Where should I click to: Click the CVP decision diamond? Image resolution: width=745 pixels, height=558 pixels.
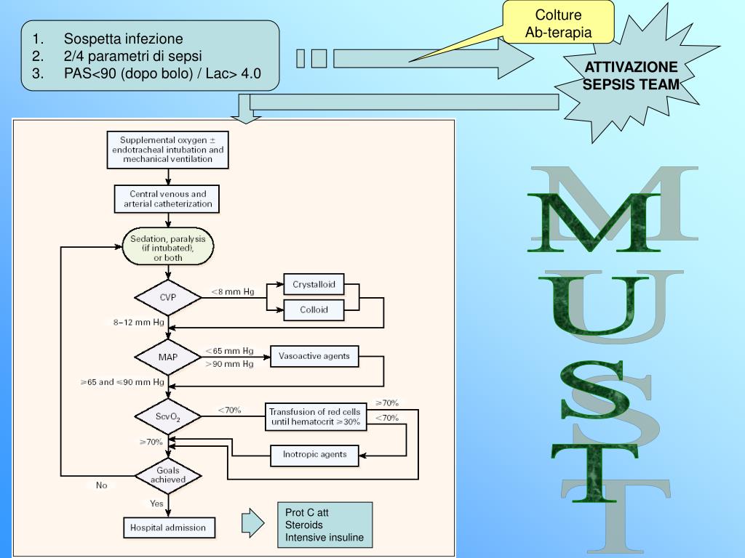(x=168, y=297)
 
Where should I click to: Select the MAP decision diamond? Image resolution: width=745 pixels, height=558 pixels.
(x=168, y=357)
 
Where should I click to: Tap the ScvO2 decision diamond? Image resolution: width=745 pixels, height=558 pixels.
(x=168, y=416)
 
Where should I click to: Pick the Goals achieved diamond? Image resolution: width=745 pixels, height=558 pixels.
(x=168, y=475)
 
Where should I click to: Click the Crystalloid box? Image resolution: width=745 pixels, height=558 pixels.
(x=314, y=285)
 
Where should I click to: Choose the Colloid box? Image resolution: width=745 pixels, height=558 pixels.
(x=314, y=310)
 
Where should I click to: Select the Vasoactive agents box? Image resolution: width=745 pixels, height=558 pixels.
(x=314, y=356)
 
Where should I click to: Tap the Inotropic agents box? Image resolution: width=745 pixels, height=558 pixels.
(x=314, y=455)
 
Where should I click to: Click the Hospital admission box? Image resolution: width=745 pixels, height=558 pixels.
(x=169, y=527)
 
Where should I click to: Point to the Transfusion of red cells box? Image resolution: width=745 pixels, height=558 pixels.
(x=316, y=416)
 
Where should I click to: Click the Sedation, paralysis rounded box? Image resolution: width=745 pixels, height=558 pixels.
(x=168, y=247)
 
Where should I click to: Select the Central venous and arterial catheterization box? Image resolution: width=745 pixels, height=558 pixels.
(x=167, y=199)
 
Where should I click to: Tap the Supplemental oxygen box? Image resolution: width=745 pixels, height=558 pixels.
(x=168, y=150)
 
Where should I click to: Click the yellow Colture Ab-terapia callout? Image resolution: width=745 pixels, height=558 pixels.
(x=558, y=23)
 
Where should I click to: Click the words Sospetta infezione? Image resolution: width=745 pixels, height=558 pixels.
(x=124, y=39)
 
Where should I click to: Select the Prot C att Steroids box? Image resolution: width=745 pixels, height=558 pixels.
(x=325, y=525)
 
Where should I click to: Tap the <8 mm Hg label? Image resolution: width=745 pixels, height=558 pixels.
(x=233, y=292)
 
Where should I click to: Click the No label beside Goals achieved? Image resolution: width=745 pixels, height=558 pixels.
(x=102, y=485)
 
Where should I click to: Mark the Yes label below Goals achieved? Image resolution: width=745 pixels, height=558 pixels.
(x=157, y=504)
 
